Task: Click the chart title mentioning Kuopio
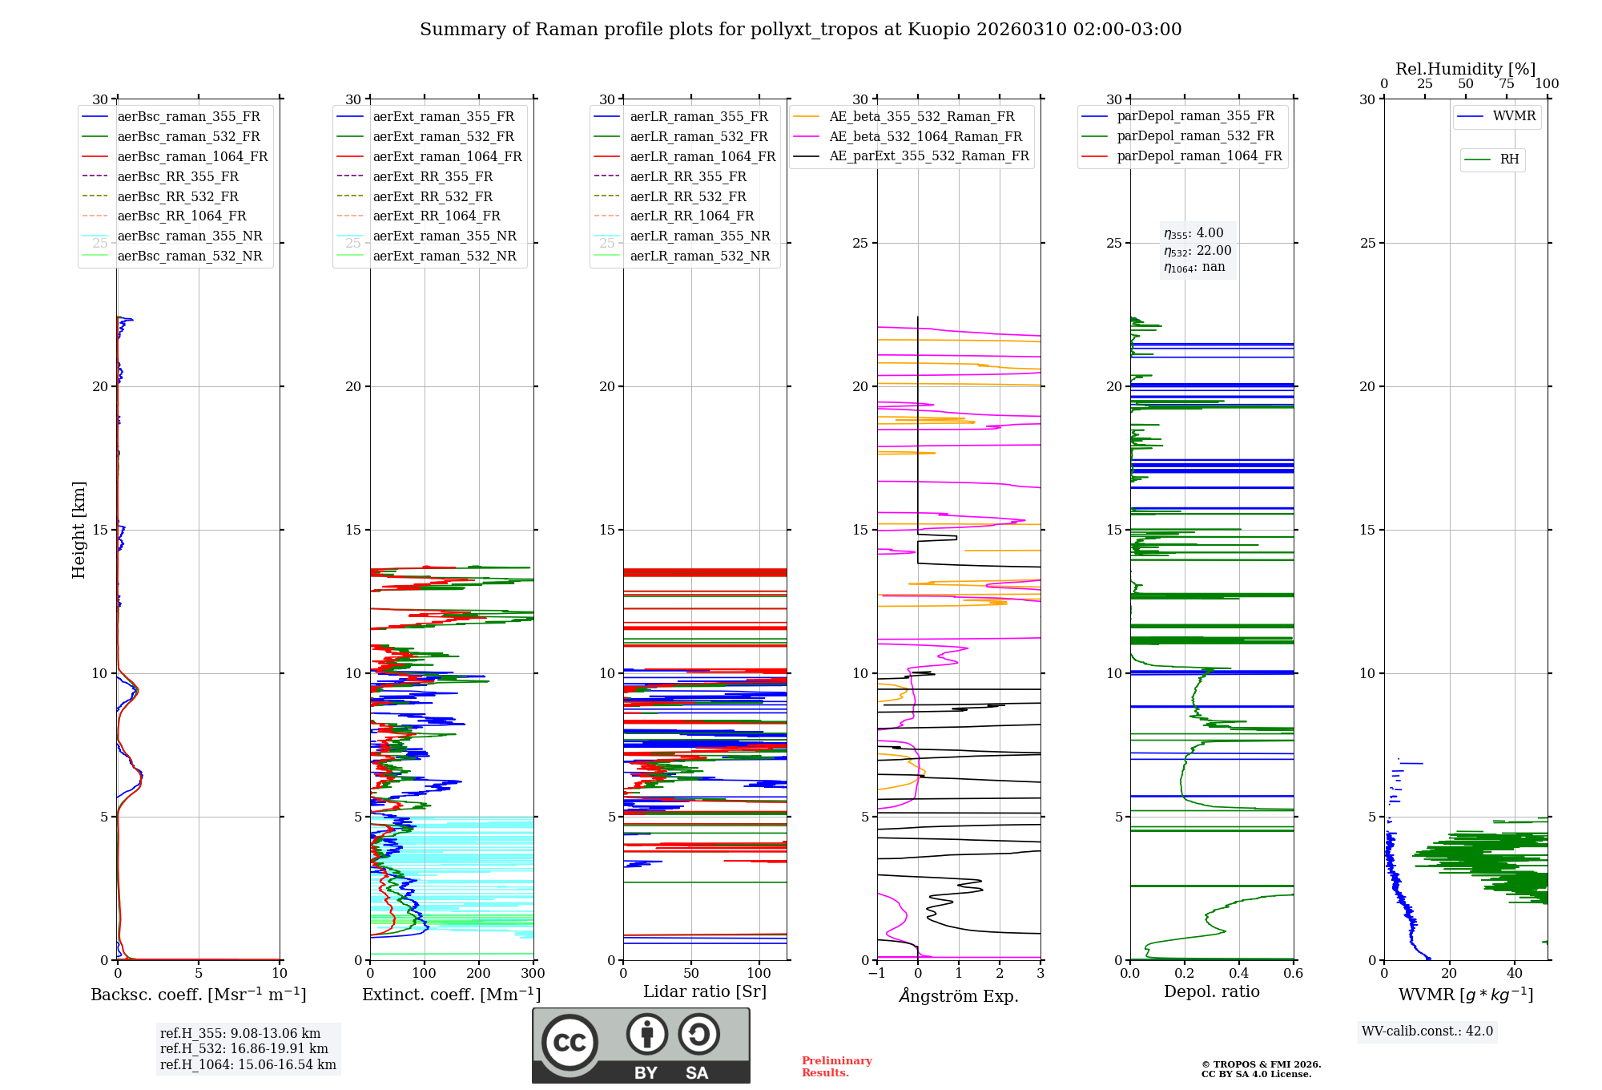[x=800, y=30]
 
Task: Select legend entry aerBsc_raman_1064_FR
[x=192, y=156]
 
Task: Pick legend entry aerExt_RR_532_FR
[x=433, y=196]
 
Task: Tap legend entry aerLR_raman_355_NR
[x=699, y=236]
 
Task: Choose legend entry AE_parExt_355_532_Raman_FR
[x=929, y=155]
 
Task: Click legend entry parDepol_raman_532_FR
[x=1195, y=136]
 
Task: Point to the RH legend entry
[x=1509, y=159]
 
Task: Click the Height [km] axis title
[x=78, y=530]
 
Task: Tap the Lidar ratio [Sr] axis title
[x=705, y=991]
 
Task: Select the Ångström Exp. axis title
[x=959, y=995]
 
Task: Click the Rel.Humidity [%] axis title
[x=1465, y=69]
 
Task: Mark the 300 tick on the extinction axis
[x=533, y=973]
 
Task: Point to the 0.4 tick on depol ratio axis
[x=1239, y=973]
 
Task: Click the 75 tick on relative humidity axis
[x=1507, y=84]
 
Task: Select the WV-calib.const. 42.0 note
[x=1427, y=1031]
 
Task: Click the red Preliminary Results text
[x=836, y=1067]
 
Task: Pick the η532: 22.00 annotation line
[x=1197, y=250]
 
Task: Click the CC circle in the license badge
[x=570, y=1042]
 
